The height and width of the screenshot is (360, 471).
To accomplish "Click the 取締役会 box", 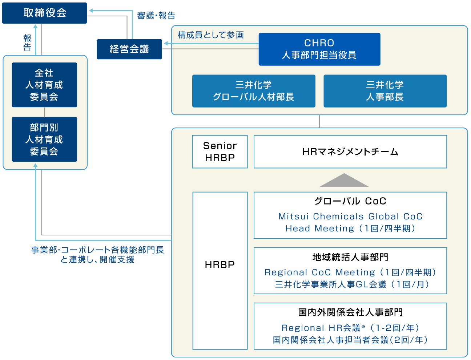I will [44, 13].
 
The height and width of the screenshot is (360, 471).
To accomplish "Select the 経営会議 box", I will [129, 49].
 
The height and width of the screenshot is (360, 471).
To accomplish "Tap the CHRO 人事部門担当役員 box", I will [319, 49].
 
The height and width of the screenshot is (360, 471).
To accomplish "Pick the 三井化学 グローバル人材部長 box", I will [253, 91].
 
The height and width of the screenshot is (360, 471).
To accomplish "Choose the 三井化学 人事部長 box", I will [385, 91].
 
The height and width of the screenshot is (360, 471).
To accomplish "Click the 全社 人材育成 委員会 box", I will [44, 85].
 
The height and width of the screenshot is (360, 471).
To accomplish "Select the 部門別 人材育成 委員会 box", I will [44, 139].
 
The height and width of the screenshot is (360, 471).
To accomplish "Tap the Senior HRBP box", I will [220, 151].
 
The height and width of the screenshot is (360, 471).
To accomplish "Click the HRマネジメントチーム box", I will [350, 151].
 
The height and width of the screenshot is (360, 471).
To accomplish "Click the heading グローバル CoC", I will [350, 201].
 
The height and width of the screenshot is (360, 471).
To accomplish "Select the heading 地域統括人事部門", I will [350, 257].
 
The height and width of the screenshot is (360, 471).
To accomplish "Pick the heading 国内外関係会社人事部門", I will [350, 312].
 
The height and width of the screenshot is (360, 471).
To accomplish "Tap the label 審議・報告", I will [156, 15].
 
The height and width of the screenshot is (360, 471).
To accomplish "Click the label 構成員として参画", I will [211, 35].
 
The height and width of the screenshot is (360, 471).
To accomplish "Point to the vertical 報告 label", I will [27, 43].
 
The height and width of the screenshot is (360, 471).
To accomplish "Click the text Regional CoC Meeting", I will [320, 272].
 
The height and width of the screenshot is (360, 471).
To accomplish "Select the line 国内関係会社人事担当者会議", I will [331, 340].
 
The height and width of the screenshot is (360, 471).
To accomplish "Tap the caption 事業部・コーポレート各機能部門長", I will [97, 250].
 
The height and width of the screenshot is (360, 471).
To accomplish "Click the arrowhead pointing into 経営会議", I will [166, 44].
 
